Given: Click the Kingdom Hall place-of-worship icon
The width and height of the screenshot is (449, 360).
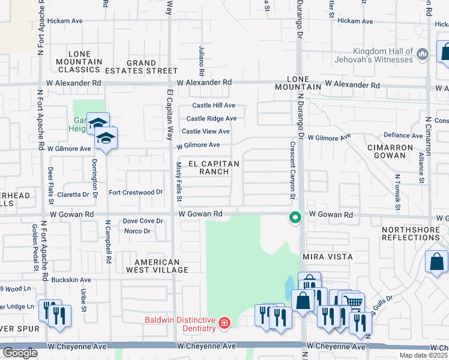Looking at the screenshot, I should pyautogui.click(x=422, y=55).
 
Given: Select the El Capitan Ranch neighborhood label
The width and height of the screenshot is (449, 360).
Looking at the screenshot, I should pyautogui.click(x=214, y=167).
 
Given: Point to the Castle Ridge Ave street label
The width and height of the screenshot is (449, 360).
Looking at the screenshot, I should pyautogui.click(x=211, y=119).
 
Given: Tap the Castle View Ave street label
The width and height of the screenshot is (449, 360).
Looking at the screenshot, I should pyautogui.click(x=205, y=131).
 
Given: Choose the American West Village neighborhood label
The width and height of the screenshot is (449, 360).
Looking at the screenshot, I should pyautogui.click(x=157, y=266).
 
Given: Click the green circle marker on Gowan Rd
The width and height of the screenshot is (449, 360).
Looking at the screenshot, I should pyautogui.click(x=295, y=217).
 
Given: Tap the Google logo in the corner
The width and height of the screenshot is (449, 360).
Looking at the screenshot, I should pyautogui.click(x=20, y=353).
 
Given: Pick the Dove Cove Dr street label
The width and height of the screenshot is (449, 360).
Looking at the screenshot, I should pyautogui.click(x=143, y=221).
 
